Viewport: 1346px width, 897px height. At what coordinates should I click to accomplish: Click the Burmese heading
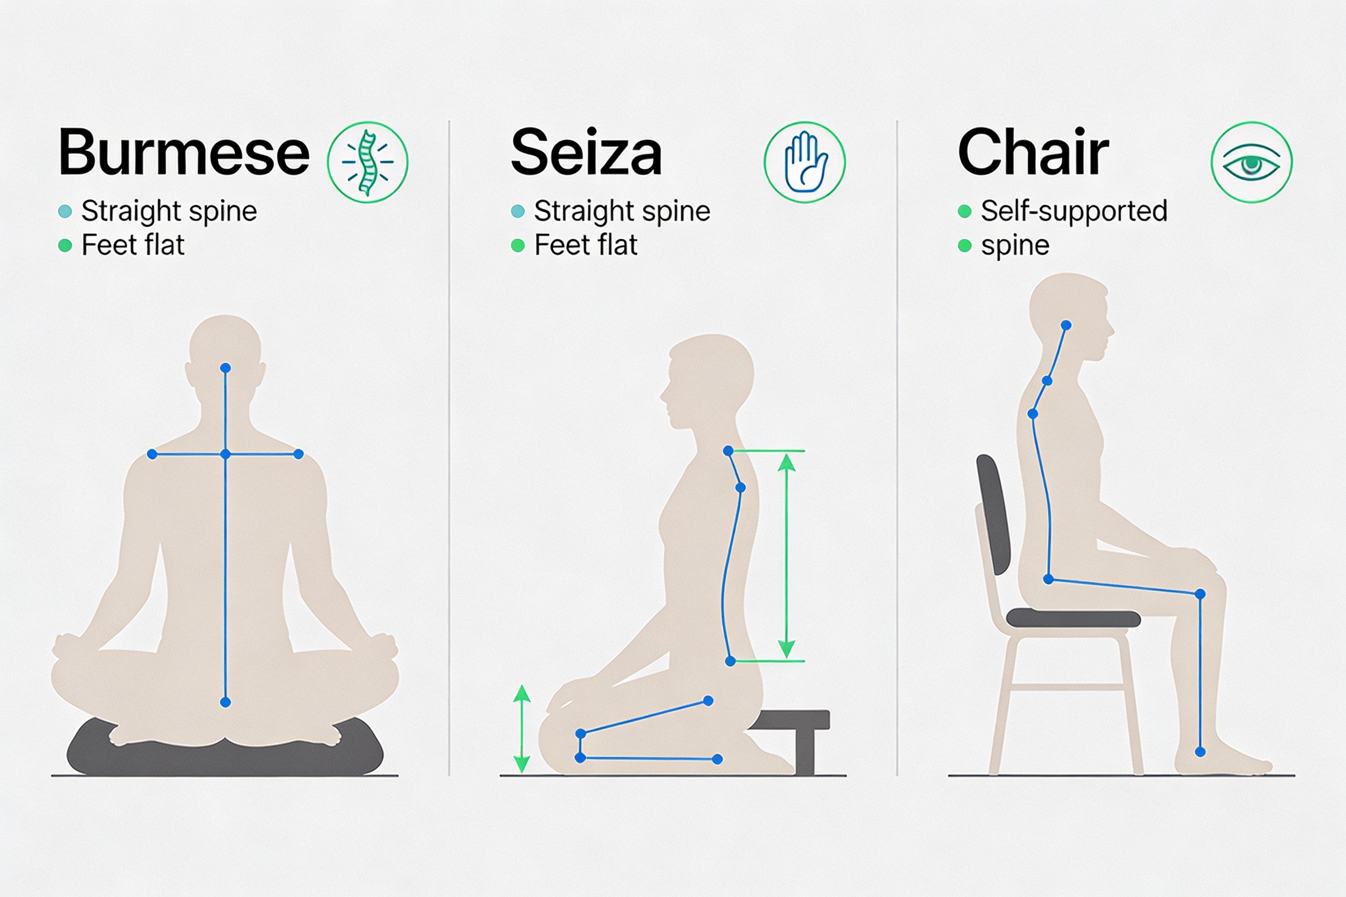click(x=184, y=152)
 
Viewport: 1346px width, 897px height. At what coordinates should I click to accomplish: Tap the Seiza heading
click(x=587, y=152)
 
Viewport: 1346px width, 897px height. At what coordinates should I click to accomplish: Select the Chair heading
click(x=1034, y=151)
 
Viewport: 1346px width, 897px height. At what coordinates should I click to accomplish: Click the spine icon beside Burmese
click(x=367, y=162)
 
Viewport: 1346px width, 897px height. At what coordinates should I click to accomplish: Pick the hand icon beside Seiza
click(x=805, y=162)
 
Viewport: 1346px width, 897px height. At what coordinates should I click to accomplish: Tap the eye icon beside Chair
click(x=1252, y=162)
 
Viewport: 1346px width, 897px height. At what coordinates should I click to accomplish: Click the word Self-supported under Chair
click(x=1074, y=211)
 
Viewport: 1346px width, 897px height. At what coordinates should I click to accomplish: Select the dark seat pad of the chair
click(x=1073, y=618)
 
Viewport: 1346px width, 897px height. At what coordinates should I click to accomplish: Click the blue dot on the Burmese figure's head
click(x=225, y=368)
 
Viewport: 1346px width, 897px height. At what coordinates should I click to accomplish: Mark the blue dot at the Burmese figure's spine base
click(x=225, y=702)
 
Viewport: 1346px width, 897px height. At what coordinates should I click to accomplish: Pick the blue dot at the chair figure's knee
click(x=1200, y=595)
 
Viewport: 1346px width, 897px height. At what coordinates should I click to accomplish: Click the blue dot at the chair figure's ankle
click(x=1200, y=751)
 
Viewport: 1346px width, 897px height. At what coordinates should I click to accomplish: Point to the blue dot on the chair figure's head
click(x=1066, y=326)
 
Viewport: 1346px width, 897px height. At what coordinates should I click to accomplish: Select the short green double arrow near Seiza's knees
click(x=521, y=729)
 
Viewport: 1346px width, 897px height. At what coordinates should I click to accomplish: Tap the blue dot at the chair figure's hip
click(x=1048, y=579)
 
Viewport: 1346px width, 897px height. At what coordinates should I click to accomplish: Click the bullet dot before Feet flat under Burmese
click(x=65, y=245)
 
